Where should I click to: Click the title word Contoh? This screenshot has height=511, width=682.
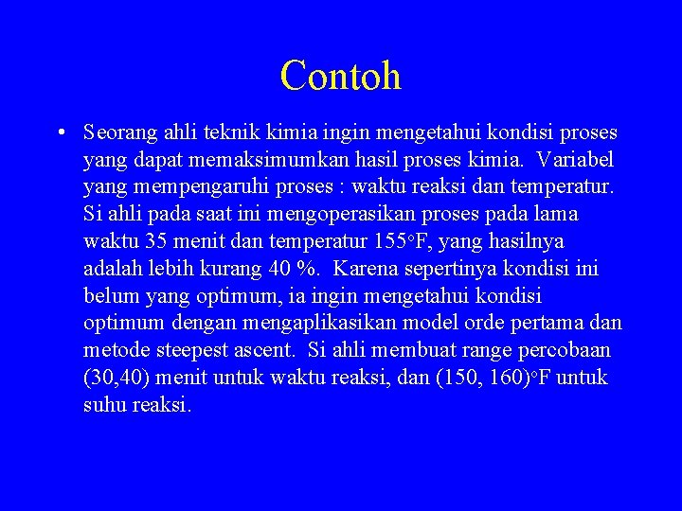[x=340, y=76]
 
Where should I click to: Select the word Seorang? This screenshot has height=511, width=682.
[x=119, y=132]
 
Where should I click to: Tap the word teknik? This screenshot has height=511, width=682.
[x=229, y=132]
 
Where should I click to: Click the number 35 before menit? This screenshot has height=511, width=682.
[x=156, y=241]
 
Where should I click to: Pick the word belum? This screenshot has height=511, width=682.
[x=111, y=296]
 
